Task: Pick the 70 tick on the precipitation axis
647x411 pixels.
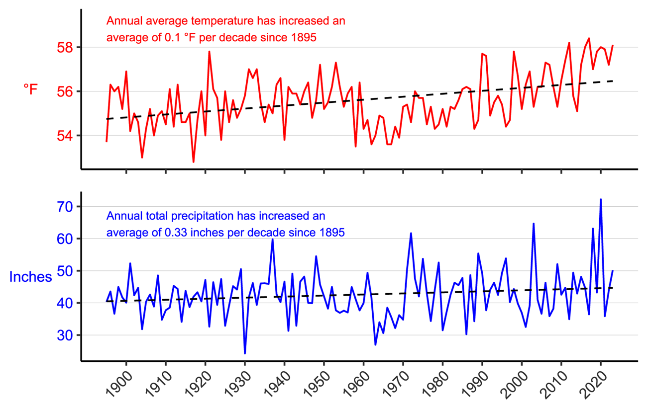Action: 66,207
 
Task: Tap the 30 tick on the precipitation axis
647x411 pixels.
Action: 66,335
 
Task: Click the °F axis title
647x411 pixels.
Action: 30,89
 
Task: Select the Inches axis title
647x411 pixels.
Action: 31,277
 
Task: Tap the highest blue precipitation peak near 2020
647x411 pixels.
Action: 601,199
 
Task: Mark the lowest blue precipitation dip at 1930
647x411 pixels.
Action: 245,353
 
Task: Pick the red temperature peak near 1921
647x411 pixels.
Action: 209,52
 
